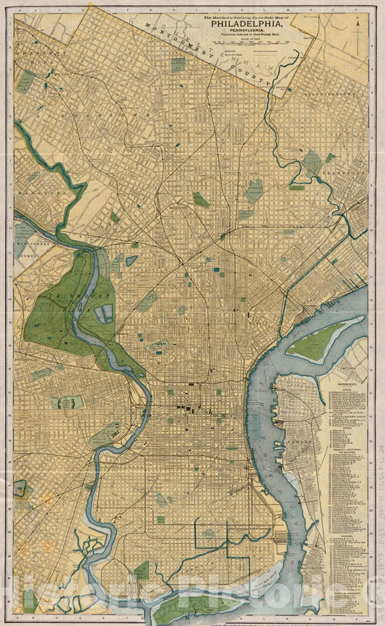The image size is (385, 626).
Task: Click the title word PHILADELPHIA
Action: (247, 22)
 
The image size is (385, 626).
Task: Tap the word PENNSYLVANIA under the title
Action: (247, 30)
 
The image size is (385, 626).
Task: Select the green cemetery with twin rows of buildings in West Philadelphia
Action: (67, 402)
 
